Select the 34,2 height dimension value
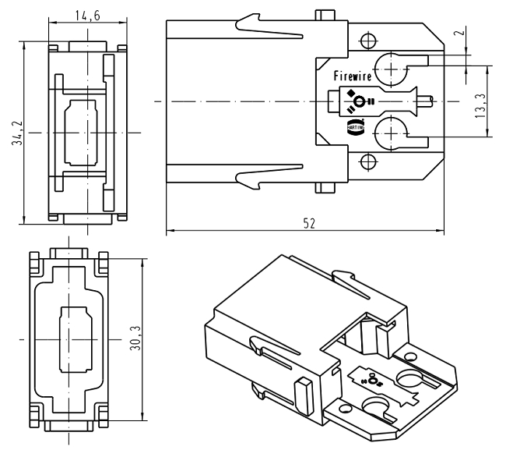point(15,132)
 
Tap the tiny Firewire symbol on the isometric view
point(371,379)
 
